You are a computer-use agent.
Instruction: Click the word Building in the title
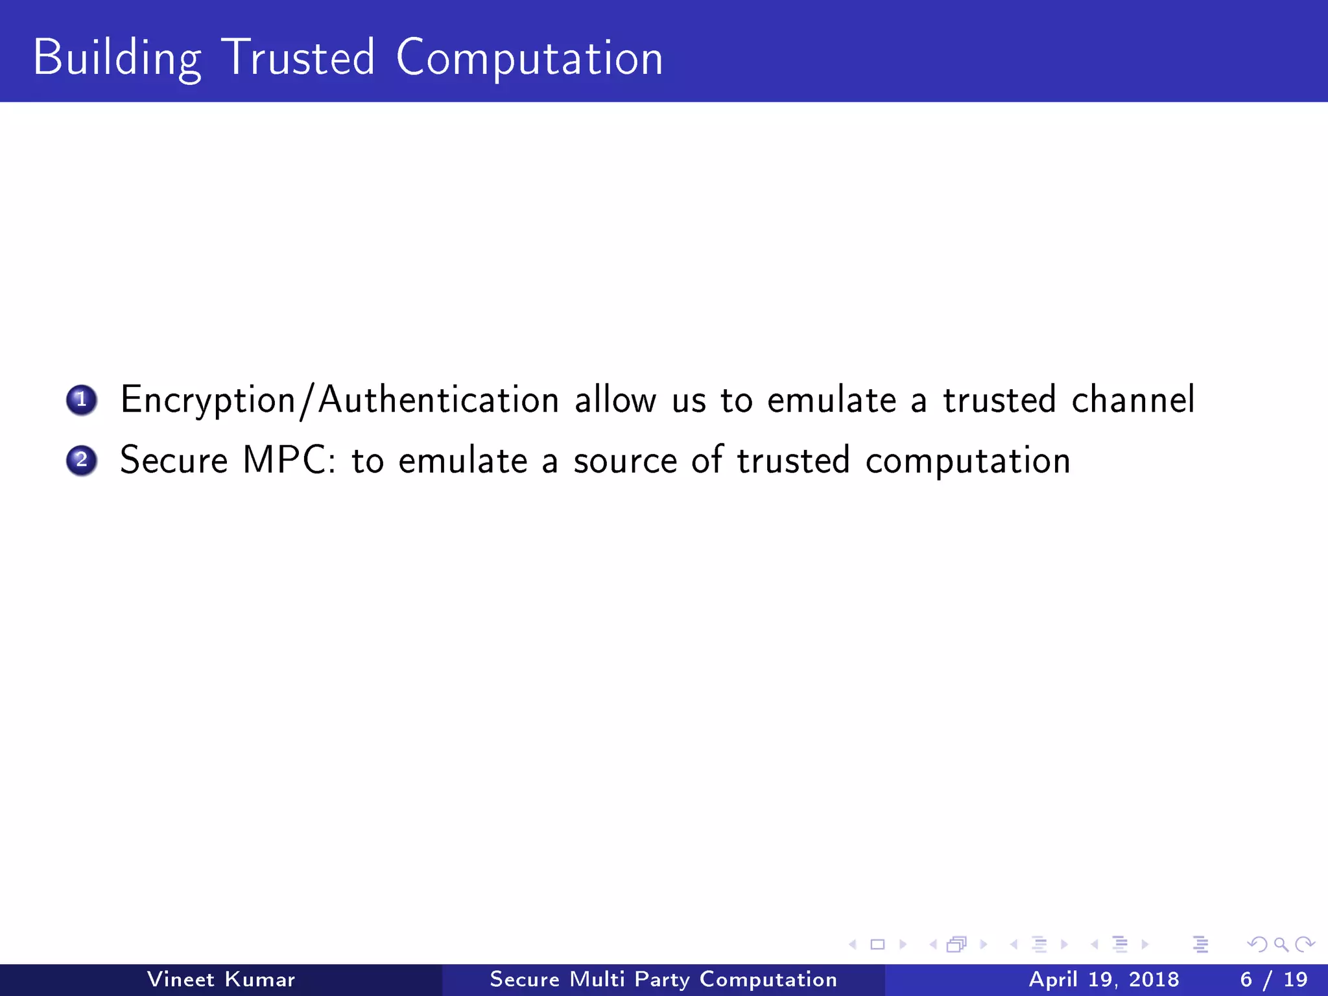point(117,58)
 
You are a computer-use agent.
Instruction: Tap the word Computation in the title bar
point(529,58)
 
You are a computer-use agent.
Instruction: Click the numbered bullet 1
point(82,400)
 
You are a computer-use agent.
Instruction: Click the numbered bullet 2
point(82,460)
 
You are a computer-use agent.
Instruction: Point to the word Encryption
point(208,400)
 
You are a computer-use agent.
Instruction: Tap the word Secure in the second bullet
point(174,460)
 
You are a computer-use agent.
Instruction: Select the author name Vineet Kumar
point(221,979)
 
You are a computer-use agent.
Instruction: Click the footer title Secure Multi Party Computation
point(663,979)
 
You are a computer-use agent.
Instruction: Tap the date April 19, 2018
point(1104,979)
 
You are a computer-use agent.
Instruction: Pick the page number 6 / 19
point(1274,979)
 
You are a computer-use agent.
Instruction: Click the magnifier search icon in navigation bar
point(1281,945)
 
